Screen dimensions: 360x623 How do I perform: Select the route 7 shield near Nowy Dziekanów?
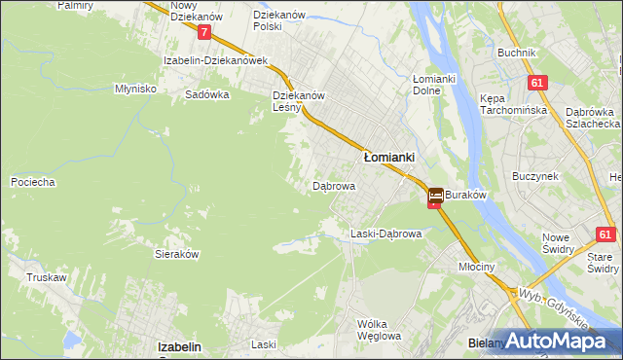click(203, 32)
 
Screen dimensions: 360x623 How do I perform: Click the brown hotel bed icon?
click(435, 196)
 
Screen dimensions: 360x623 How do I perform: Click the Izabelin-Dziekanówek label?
click(216, 60)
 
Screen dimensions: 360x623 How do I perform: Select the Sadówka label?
click(206, 95)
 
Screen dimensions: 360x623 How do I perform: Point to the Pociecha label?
click(32, 182)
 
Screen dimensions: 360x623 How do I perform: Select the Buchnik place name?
click(517, 53)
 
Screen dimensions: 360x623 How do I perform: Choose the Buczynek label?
click(534, 176)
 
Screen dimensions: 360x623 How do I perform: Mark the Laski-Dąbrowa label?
click(385, 234)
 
